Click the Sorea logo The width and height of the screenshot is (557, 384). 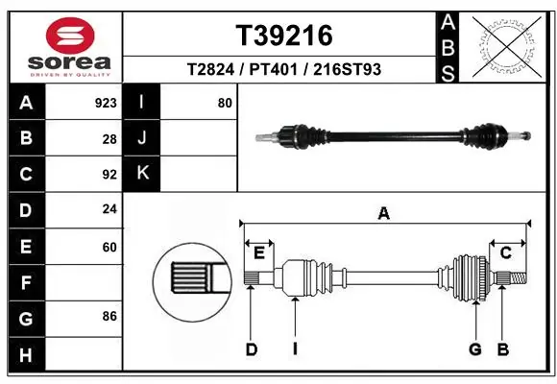click(x=63, y=45)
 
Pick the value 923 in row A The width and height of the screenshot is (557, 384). click(x=106, y=103)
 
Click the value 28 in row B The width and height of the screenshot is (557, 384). click(x=109, y=139)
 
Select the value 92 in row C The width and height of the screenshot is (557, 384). click(x=109, y=175)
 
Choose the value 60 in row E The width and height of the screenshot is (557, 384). click(x=109, y=247)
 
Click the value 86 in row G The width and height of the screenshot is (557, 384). click(x=109, y=317)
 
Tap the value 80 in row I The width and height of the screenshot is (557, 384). click(x=225, y=103)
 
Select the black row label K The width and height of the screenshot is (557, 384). click(x=142, y=174)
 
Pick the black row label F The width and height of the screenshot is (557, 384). click(x=25, y=282)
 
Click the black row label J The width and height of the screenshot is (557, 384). click(x=142, y=138)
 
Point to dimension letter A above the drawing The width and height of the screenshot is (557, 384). click(x=384, y=214)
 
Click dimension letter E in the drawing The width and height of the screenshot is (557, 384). click(x=258, y=252)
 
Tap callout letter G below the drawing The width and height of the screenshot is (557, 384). click(x=474, y=349)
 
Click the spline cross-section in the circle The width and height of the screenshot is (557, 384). click(x=190, y=279)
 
